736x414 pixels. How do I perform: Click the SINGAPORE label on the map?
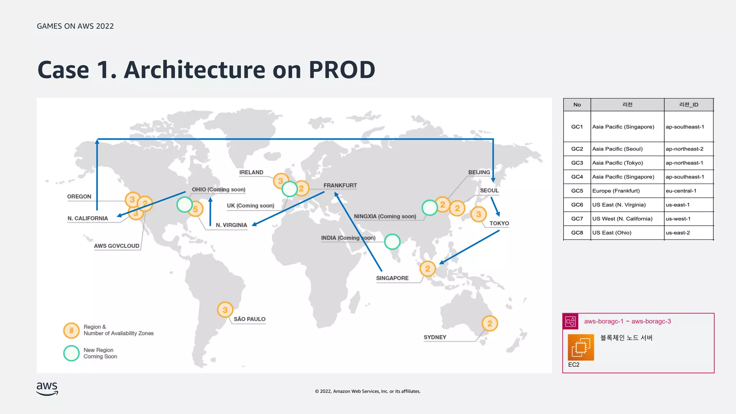coord(392,278)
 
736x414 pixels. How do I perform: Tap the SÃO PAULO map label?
coord(249,319)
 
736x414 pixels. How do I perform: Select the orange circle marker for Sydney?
coord(490,323)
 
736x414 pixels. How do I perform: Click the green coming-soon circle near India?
coord(392,241)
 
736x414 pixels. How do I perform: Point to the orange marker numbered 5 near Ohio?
coord(195,209)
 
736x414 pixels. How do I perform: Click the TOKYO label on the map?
coord(499,224)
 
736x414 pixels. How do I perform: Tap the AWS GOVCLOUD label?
coord(116,246)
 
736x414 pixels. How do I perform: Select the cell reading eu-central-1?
coord(681,191)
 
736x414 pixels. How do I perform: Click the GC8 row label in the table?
coord(577,233)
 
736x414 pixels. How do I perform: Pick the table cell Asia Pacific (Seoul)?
coord(617,149)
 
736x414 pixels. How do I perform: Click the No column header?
coord(577,105)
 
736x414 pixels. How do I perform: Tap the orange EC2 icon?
coord(581,347)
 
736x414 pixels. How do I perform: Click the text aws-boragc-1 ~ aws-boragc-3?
coord(627,321)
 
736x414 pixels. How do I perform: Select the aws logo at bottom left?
coord(47,388)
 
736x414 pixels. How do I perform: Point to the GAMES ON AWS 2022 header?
coord(75,26)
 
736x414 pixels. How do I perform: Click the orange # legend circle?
coord(71,330)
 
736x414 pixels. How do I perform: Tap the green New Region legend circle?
coord(71,353)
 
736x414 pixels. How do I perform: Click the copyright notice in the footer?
coord(368,391)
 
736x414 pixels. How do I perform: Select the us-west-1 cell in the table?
coord(678,218)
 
